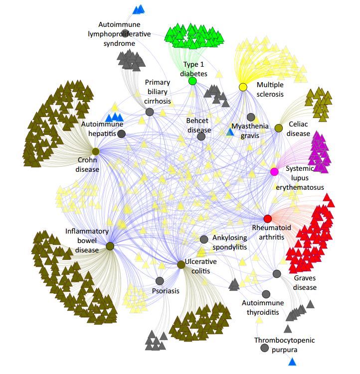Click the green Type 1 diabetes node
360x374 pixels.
click(x=192, y=81)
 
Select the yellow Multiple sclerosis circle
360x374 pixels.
click(x=243, y=87)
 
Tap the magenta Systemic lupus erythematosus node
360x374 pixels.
click(x=274, y=172)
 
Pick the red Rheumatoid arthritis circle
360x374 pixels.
click(x=268, y=219)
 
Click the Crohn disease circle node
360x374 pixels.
click(x=96, y=151)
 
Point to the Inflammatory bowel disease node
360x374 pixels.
click(x=110, y=246)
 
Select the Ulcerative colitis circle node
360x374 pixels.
click(x=181, y=264)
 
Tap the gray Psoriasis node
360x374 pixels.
click(x=160, y=281)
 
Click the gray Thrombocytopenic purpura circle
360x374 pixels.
click(x=264, y=348)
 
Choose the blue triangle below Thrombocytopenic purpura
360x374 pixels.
click(x=292, y=362)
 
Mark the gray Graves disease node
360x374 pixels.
click(x=277, y=274)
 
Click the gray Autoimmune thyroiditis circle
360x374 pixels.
click(x=266, y=294)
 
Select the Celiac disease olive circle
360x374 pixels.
click(x=279, y=128)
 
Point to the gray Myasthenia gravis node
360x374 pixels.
click(x=251, y=117)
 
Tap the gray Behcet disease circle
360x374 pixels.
click(x=201, y=136)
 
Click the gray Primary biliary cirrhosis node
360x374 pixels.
click(x=150, y=112)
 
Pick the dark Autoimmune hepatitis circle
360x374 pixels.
click(x=121, y=134)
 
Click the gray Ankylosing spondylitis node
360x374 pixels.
click(x=204, y=240)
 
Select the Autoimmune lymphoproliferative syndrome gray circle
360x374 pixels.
click(x=125, y=33)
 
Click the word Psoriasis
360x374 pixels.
click(x=166, y=291)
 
